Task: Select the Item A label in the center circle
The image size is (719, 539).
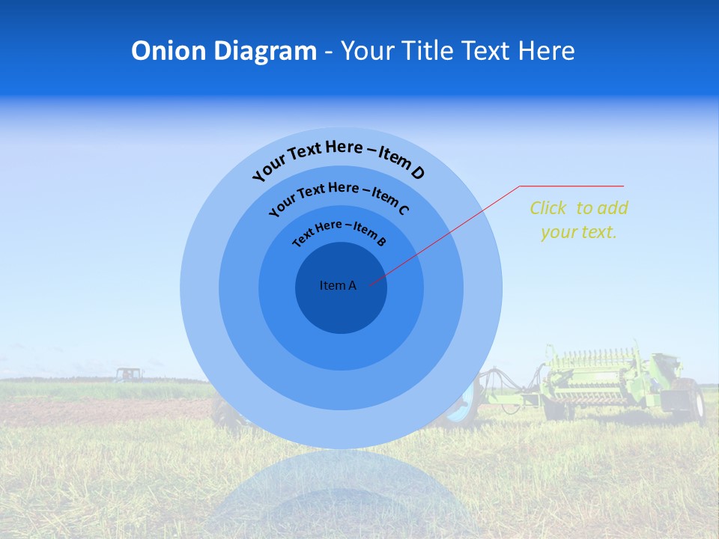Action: click(338, 285)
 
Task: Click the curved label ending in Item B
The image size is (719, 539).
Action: click(339, 232)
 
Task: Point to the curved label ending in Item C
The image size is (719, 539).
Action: click(339, 198)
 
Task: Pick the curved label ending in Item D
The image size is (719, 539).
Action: click(339, 159)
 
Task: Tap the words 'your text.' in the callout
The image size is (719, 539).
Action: click(578, 232)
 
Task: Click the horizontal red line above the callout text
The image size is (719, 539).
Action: click(571, 186)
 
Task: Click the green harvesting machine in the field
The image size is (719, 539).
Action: click(599, 378)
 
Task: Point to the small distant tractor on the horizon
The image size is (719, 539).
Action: click(128, 373)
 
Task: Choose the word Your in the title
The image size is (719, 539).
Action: click(368, 51)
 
